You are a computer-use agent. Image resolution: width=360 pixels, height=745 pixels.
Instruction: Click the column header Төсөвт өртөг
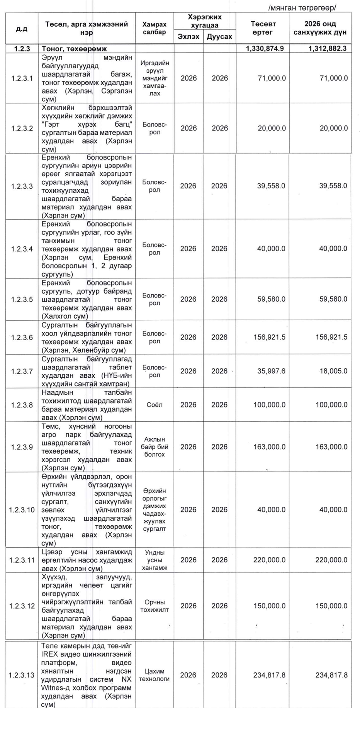(x=263, y=28)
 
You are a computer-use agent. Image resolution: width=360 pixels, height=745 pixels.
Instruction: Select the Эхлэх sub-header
(x=188, y=37)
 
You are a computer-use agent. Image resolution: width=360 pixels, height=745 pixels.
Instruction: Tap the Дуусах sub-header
(x=219, y=37)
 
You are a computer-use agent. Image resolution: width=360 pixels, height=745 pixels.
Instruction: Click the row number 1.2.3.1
(x=22, y=78)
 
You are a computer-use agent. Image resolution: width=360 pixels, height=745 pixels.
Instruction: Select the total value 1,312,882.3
(x=327, y=49)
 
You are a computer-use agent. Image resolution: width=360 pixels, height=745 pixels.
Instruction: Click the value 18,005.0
(x=333, y=371)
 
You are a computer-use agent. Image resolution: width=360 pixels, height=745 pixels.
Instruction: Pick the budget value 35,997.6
(x=271, y=371)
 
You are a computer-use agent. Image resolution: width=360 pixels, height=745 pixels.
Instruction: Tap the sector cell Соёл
(x=155, y=405)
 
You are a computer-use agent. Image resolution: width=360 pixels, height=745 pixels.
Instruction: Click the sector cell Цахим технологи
(x=154, y=675)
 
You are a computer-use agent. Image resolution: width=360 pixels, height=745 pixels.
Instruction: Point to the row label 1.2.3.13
(x=22, y=675)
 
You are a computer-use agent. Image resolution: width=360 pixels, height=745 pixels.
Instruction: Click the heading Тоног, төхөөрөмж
(x=75, y=49)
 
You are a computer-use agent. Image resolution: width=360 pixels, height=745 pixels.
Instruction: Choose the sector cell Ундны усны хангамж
(x=155, y=560)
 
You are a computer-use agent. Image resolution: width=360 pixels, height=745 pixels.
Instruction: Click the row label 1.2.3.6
(x=22, y=338)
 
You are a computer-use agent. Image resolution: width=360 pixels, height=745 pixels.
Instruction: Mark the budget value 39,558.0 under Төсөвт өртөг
(x=271, y=186)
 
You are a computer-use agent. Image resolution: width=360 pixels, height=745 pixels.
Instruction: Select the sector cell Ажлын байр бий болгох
(x=155, y=447)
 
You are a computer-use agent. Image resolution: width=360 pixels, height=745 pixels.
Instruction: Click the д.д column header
(x=22, y=28)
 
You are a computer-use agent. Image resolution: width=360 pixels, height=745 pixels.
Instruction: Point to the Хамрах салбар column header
(x=155, y=28)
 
